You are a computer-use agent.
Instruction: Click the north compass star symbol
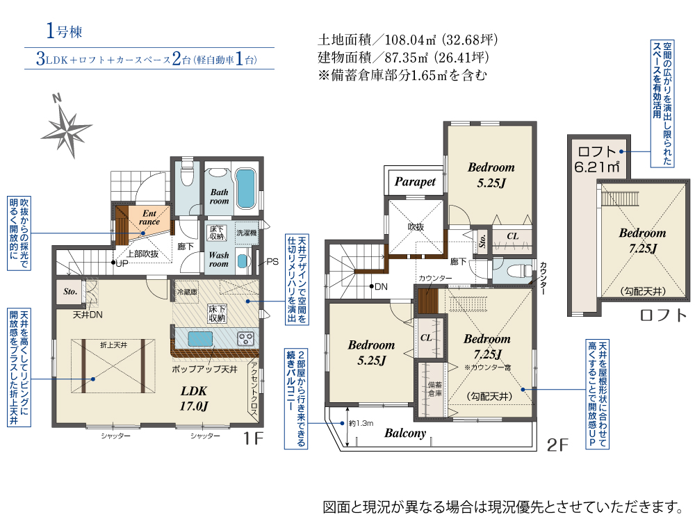[x=67, y=129]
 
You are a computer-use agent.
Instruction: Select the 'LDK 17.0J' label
[x=194, y=398]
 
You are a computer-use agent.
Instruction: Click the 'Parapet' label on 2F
[x=415, y=181]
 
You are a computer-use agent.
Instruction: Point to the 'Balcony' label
[x=405, y=433]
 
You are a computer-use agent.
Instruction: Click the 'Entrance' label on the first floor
[x=149, y=217]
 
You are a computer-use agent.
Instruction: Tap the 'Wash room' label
[x=219, y=259]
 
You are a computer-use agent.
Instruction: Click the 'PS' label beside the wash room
[x=272, y=261]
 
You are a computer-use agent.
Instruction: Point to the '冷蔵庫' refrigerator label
[x=187, y=292]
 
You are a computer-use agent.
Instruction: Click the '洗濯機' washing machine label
[x=247, y=233]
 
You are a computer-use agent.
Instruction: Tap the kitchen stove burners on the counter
[x=245, y=339]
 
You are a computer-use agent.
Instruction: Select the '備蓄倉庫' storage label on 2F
[x=435, y=389]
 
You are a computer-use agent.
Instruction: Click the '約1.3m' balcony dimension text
[x=361, y=423]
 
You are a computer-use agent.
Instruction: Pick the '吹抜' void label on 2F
[x=416, y=226]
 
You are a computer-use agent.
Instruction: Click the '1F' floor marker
[x=253, y=438]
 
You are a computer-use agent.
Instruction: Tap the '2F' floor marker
[x=557, y=445]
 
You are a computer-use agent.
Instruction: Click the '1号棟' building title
[x=64, y=31]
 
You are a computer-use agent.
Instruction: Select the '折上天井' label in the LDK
[x=113, y=345]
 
